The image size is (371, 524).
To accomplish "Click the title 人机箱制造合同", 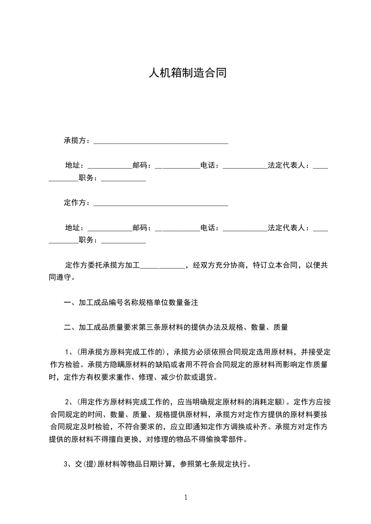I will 187,73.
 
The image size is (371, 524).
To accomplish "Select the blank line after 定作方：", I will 161,204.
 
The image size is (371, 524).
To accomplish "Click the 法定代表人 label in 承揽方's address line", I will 286,165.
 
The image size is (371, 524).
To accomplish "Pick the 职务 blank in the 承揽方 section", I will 124,179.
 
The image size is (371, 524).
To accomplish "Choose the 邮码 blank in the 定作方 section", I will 177,229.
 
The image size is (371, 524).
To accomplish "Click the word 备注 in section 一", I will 191,303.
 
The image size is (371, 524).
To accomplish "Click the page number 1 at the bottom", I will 186,497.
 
